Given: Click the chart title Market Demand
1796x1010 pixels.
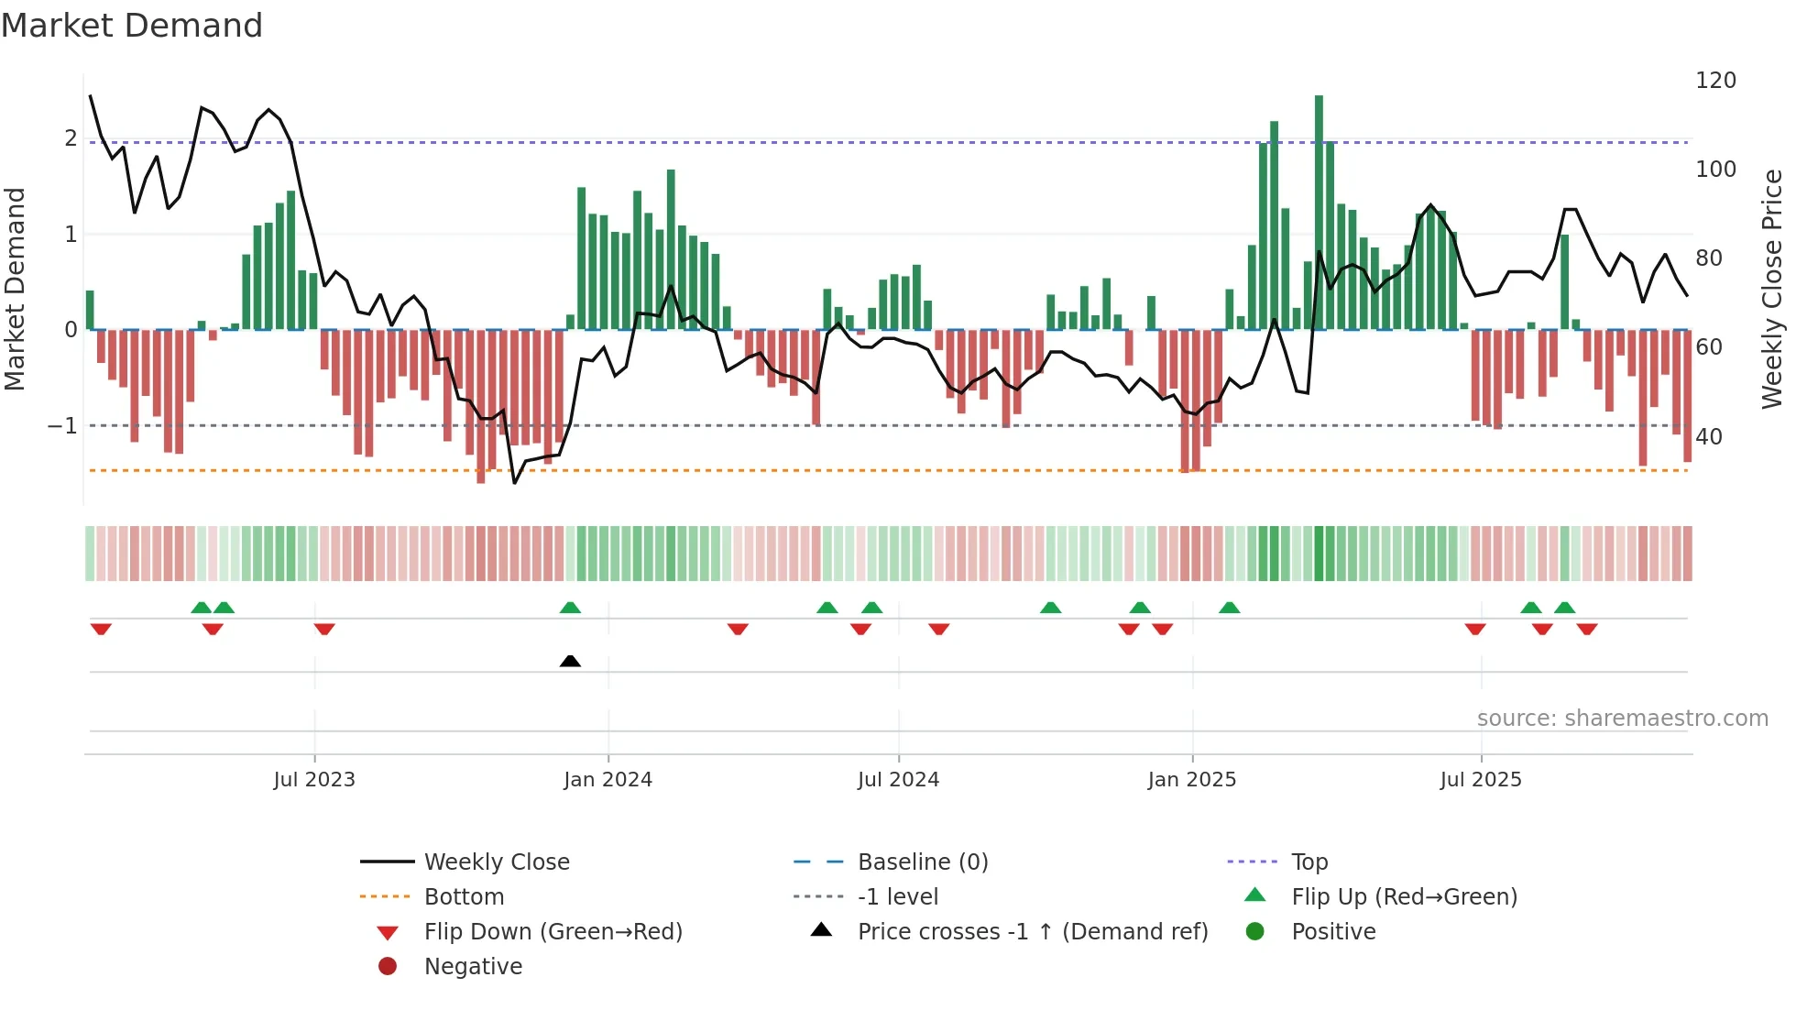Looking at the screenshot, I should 132,26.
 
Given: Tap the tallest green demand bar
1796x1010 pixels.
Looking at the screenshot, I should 1319,211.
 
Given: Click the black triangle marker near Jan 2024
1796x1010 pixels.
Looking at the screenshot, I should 570,661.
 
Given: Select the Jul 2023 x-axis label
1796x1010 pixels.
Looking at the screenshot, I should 314,780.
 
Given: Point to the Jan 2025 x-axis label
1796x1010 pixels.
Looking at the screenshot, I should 1191,780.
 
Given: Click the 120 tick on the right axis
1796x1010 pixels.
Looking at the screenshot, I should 1715,81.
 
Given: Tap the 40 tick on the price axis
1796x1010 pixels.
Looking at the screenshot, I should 1708,436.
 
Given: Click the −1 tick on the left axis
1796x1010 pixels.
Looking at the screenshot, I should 62,426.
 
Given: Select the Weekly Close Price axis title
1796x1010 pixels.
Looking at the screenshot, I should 1772,289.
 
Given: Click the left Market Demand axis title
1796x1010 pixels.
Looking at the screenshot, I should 15,289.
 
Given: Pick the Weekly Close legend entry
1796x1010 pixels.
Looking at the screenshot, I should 496,862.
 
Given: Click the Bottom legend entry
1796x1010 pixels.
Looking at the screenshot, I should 464,897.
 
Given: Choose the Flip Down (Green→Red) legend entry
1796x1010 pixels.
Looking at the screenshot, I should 553,932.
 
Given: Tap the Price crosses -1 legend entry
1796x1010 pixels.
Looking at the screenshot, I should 1032,932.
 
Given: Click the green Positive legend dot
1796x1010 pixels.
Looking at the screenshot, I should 1255,932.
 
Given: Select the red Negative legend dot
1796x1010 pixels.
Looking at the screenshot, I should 388,967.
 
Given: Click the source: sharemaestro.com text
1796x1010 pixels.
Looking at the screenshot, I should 1622,719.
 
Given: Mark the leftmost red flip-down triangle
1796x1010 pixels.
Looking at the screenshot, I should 101,629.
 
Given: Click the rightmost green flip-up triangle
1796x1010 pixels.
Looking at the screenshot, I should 1565,608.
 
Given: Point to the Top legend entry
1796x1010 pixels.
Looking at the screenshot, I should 1309,862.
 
